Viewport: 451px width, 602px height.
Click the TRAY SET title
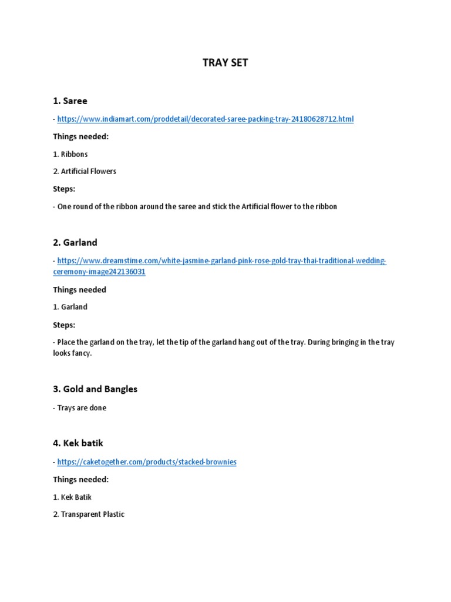coord(225,63)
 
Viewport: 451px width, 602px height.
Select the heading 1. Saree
coord(70,101)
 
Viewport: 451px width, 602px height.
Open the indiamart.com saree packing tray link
coord(206,119)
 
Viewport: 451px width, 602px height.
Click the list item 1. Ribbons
coord(70,154)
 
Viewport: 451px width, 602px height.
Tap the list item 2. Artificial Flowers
coord(85,172)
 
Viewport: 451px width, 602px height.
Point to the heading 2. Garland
coord(75,242)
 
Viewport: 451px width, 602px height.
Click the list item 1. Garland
coord(70,307)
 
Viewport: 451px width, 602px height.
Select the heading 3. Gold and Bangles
coord(95,389)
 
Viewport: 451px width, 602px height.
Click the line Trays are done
coord(82,408)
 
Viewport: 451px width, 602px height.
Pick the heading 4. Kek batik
coord(78,443)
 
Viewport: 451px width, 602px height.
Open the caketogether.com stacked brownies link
coord(147,462)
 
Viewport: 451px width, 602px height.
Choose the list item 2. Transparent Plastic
coord(89,514)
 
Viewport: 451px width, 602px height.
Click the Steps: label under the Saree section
coord(64,189)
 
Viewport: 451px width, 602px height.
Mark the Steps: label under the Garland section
coord(64,325)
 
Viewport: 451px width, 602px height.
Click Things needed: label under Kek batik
coord(81,480)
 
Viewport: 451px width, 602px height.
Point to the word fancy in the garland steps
coord(82,354)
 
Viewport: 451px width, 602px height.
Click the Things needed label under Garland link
coord(80,290)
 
